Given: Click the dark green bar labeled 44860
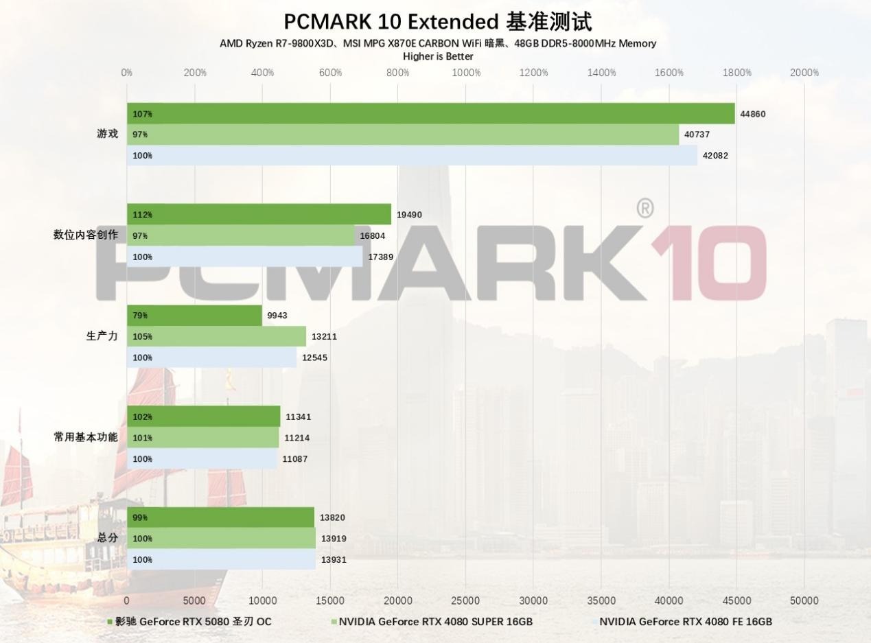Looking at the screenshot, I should [x=430, y=114].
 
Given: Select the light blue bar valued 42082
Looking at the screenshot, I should [x=412, y=156].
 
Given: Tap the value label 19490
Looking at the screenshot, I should [x=409, y=215].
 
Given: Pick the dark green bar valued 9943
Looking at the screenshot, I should [x=194, y=316].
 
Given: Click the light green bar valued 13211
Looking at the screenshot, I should [x=216, y=337].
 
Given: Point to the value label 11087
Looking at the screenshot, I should [x=297, y=459].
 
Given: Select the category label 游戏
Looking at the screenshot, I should [x=107, y=134].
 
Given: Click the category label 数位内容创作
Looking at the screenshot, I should [x=86, y=235].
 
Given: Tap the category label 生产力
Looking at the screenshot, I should [x=102, y=336].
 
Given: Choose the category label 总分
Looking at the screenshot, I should [x=107, y=537].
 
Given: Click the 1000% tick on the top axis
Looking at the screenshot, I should [x=466, y=73].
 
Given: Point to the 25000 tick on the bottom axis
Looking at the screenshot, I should [x=465, y=600].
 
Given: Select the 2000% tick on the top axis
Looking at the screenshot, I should [x=804, y=73].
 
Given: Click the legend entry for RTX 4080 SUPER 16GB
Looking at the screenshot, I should [x=435, y=622].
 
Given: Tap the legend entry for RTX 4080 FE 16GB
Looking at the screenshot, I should [x=685, y=622].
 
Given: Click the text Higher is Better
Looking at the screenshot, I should [x=438, y=56].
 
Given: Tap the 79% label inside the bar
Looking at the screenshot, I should [x=140, y=316].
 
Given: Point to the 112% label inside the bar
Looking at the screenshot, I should [x=142, y=215].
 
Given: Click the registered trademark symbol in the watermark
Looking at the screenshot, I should [x=644, y=209].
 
